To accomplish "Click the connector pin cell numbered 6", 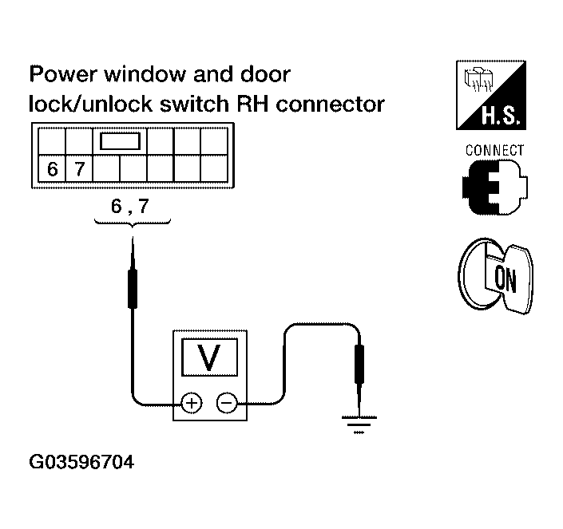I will click(53, 169).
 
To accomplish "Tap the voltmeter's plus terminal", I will click(192, 403).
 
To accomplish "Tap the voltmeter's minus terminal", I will click(228, 403).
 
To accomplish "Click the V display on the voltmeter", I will click(210, 357).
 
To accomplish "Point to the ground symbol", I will click(358, 424).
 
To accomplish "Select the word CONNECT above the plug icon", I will click(494, 150).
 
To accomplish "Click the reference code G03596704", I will click(81, 462).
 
